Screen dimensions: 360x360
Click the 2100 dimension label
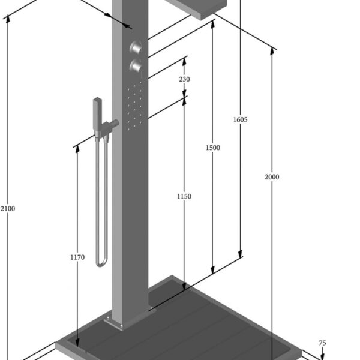coord(8,209)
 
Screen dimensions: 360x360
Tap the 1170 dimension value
coord(77,257)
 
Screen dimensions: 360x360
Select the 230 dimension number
coord(184,79)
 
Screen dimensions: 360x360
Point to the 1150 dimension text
coord(184,197)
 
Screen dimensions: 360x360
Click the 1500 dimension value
coord(213,148)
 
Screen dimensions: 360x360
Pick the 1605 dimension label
coord(241,119)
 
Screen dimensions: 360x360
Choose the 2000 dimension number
coord(272,177)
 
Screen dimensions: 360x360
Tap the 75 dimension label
coord(322,343)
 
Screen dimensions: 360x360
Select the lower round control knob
coord(136,66)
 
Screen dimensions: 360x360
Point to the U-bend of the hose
coord(101,262)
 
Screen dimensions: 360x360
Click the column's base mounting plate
coord(129,320)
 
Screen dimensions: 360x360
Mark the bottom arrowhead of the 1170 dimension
coord(77,343)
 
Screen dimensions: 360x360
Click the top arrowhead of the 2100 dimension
coord(8,19)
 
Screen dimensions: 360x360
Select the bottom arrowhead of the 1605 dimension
coord(240,254)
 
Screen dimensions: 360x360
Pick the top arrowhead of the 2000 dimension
coord(272,51)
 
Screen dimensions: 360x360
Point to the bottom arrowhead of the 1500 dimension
coord(212,270)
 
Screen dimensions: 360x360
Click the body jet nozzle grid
coord(134,106)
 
